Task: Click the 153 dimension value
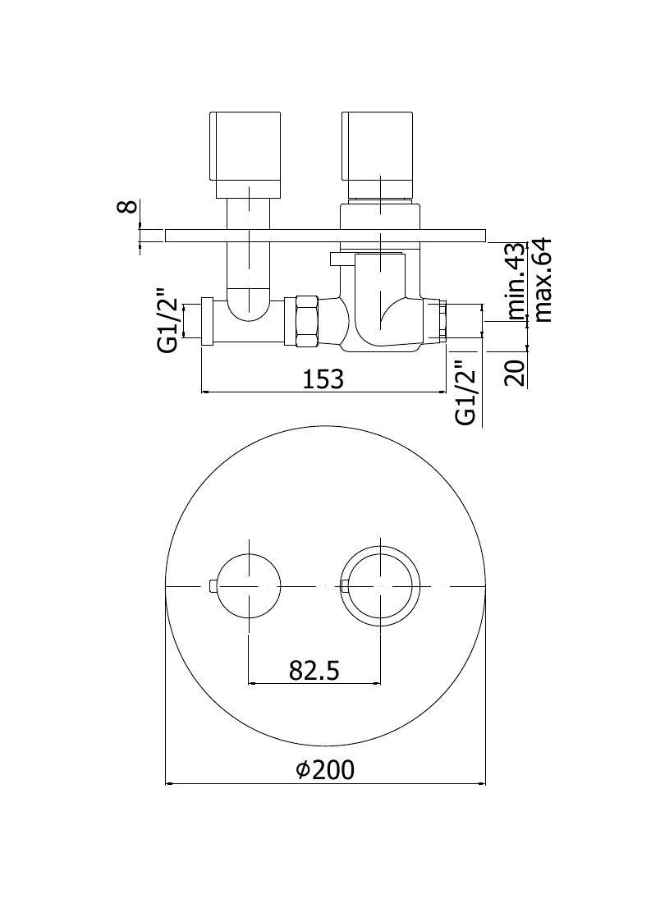[323, 379]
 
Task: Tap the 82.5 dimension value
[314, 670]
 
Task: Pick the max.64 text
[542, 279]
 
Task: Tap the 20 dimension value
[516, 372]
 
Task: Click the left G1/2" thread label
[167, 320]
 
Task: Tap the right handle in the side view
[380, 153]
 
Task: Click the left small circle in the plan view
[250, 585]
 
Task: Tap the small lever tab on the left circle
[213, 585]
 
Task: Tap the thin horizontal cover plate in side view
[326, 235]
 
